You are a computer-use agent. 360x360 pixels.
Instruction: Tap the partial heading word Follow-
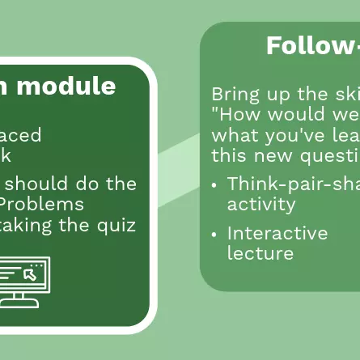click(312, 46)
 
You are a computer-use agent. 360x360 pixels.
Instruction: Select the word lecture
click(260, 253)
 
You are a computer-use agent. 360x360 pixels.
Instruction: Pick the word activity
click(261, 203)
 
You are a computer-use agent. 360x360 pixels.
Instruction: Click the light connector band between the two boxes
click(178, 154)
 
